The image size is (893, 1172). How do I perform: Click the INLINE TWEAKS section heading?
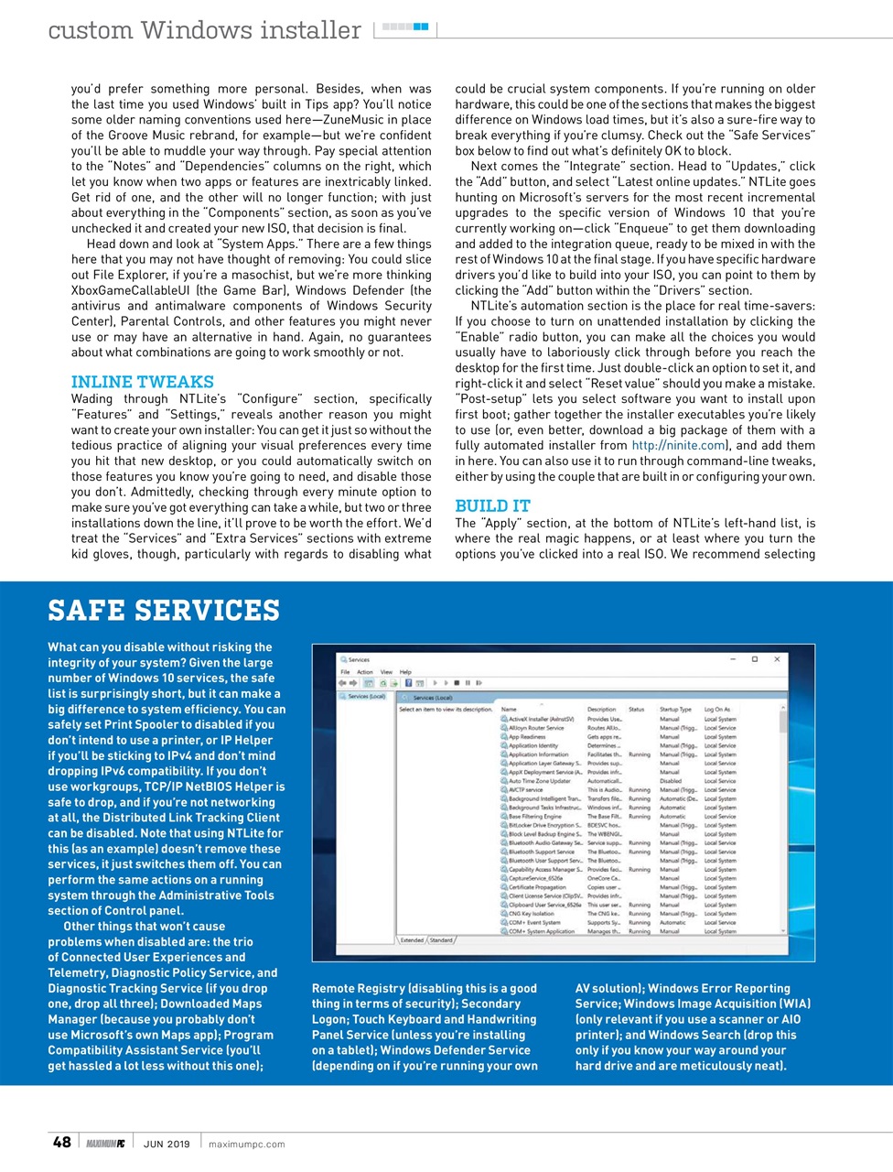click(143, 382)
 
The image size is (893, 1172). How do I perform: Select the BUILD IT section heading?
click(492, 506)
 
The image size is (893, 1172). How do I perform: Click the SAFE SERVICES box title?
click(164, 611)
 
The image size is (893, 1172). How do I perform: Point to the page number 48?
click(61, 1142)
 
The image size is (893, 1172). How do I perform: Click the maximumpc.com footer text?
click(246, 1144)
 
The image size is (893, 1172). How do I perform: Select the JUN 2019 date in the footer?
click(167, 1144)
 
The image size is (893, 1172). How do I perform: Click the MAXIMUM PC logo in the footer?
click(105, 1144)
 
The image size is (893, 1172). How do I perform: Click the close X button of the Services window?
click(777, 659)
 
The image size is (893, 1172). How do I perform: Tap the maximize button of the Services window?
click(754, 659)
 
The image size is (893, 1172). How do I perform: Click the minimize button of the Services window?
click(733, 659)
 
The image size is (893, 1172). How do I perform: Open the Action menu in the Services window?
click(364, 672)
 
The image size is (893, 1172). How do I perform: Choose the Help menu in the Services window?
click(405, 672)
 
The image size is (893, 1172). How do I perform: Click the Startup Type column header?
click(675, 710)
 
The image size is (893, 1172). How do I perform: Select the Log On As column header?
click(716, 710)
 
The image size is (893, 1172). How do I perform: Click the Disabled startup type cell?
click(671, 781)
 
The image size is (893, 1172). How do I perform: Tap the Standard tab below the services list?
click(441, 940)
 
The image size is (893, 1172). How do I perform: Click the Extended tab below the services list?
click(412, 940)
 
